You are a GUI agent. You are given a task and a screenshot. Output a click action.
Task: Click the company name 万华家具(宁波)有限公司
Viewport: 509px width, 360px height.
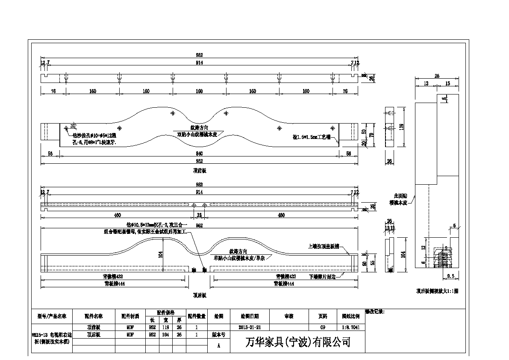[298, 342]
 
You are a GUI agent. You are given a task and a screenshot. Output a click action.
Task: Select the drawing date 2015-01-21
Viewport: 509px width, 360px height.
[250, 327]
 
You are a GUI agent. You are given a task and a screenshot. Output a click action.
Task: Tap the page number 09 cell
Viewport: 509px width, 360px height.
[323, 327]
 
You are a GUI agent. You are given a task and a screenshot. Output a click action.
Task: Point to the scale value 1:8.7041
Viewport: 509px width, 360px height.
[350, 327]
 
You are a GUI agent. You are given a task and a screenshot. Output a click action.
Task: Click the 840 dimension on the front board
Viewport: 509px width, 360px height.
[199, 153]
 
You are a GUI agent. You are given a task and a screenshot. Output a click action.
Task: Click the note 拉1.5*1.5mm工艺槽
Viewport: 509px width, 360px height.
[311, 137]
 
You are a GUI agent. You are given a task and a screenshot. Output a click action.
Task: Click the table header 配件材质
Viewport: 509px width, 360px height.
[130, 316]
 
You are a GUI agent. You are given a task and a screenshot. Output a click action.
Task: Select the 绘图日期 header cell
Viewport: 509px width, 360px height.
[250, 316]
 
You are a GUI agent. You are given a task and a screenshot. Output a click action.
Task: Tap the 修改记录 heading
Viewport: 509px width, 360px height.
[375, 312]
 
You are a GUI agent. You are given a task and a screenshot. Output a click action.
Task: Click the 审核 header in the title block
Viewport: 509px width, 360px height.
[288, 316]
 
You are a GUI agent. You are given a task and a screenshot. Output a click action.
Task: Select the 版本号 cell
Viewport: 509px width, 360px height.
[218, 335]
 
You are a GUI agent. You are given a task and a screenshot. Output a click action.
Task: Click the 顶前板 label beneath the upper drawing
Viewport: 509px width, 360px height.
[199, 171]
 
